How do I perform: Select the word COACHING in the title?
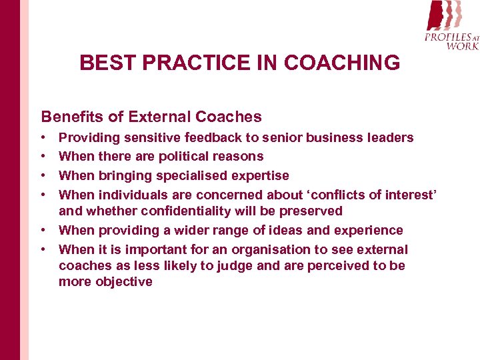[342, 63]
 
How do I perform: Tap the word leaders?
[390, 138]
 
